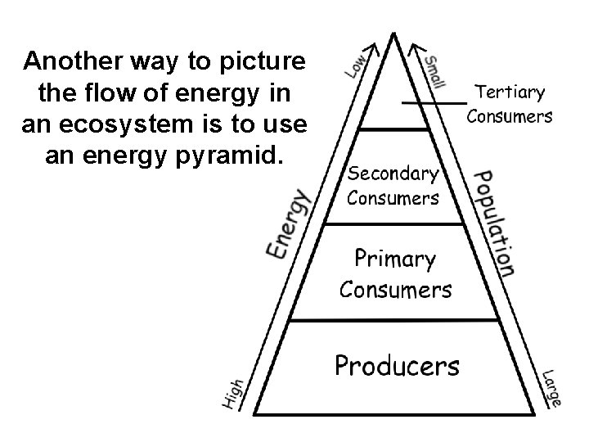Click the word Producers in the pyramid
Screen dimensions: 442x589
[397, 364]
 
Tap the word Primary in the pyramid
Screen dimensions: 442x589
[394, 260]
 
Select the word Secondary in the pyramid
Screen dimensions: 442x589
[393, 173]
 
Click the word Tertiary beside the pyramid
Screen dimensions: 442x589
[509, 92]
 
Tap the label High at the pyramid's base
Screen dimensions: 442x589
[234, 393]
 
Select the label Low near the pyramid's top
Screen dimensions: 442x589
[357, 65]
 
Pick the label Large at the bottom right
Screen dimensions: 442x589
[551, 388]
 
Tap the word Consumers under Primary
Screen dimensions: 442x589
[395, 289]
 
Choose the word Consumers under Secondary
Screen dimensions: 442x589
[393, 197]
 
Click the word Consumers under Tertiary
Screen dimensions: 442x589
[509, 115]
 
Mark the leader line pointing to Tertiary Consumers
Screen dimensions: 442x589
[434, 103]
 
